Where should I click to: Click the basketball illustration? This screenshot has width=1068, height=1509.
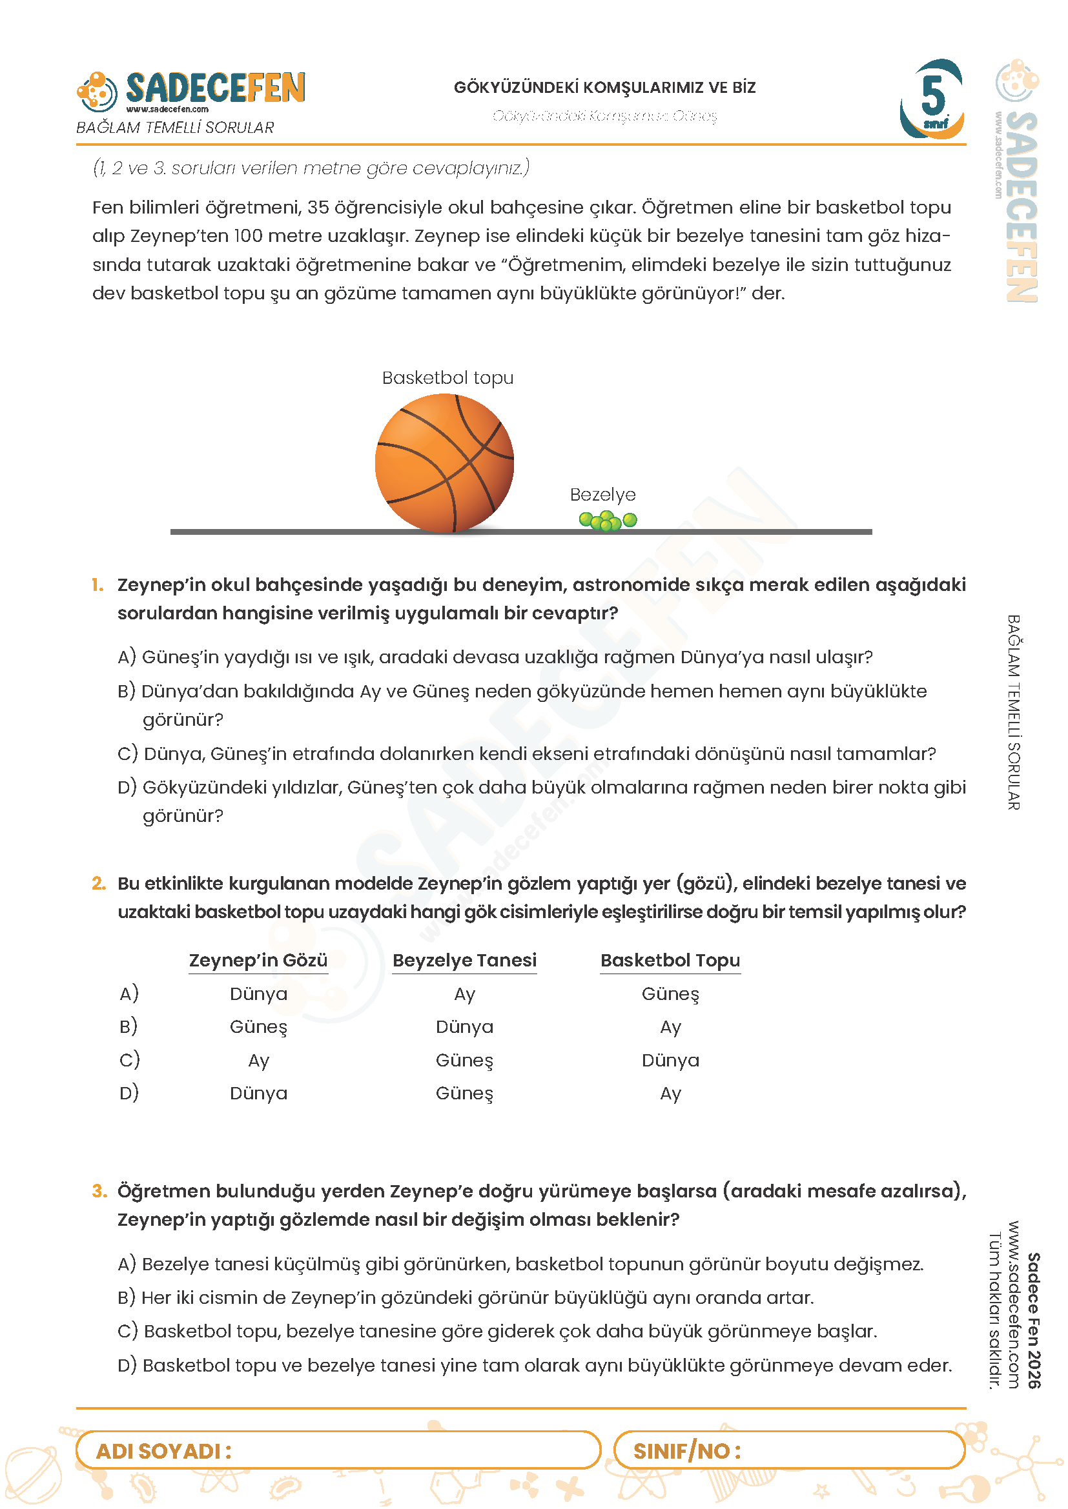click(x=444, y=463)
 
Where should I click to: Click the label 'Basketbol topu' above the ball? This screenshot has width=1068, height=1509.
click(x=447, y=378)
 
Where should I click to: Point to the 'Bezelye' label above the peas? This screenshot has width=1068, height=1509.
click(x=602, y=495)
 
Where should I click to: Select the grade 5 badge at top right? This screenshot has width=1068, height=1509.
click(x=932, y=99)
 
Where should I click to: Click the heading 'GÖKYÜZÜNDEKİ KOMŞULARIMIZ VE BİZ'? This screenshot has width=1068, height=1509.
click(x=604, y=87)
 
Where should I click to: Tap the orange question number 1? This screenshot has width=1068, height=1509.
click(x=98, y=585)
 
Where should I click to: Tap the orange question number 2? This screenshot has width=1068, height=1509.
click(x=99, y=883)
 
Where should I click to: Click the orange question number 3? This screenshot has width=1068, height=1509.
click(x=99, y=1192)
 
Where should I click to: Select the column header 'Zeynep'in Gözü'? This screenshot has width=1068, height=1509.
click(x=258, y=961)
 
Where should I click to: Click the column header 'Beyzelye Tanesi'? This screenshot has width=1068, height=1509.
click(x=464, y=961)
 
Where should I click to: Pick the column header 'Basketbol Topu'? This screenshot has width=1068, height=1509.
click(x=670, y=961)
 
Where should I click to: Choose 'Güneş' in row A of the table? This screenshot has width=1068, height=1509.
click(x=670, y=994)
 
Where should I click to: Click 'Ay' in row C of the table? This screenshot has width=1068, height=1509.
click(x=258, y=1061)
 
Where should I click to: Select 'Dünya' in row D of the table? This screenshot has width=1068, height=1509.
click(x=258, y=1094)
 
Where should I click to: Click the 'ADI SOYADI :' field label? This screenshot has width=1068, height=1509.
click(x=164, y=1451)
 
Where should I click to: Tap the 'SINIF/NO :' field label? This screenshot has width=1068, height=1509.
click(x=686, y=1451)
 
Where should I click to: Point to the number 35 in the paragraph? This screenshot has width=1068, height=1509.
click(x=318, y=208)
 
